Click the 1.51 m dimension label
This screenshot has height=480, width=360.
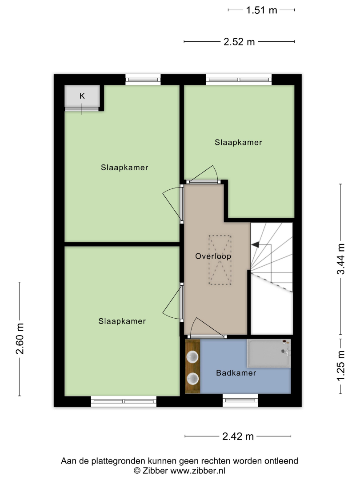point(261,10)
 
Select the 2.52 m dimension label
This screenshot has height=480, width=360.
point(239,42)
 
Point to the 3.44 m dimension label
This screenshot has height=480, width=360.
point(341,259)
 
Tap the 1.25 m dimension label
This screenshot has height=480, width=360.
point(341,366)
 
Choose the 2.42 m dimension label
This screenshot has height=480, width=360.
point(238,436)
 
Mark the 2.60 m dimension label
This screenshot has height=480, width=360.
point(20,339)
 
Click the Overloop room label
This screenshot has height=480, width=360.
point(213,256)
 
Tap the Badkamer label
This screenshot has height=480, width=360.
point(236,373)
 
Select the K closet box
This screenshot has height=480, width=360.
point(82,96)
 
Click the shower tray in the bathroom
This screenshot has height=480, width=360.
point(269,353)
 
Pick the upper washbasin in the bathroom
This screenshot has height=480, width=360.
point(192,357)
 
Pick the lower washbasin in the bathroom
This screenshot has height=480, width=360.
point(192,379)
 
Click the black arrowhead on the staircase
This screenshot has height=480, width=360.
point(255,244)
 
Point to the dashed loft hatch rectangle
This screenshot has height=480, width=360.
point(220,260)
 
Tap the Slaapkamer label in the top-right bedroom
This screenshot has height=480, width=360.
point(238,142)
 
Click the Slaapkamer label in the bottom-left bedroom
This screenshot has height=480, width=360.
point(122,321)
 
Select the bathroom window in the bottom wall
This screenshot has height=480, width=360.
point(240,400)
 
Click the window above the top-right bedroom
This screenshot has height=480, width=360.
point(239,80)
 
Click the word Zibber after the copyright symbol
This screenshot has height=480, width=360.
point(155,471)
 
